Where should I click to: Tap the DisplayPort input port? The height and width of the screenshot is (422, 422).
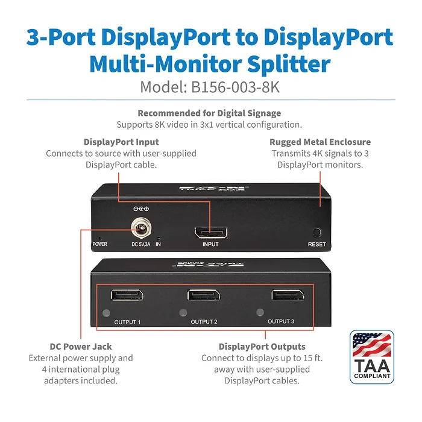tap(211, 233)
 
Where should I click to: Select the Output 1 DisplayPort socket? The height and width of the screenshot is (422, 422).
tap(127, 295)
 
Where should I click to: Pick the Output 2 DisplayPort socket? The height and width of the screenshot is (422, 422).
tap(204, 295)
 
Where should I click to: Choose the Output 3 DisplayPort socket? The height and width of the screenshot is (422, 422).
tap(288, 295)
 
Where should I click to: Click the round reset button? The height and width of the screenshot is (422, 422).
tap(317, 232)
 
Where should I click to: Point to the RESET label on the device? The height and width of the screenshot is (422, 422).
tap(316, 244)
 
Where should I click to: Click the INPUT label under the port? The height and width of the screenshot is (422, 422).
tap(210, 244)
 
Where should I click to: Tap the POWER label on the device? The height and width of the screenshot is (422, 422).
tap(100, 244)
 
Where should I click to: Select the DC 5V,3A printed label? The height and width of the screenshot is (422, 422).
tap(140, 244)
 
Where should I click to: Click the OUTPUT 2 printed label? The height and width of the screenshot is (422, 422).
tap(204, 321)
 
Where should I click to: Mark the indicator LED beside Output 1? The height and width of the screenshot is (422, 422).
tap(106, 313)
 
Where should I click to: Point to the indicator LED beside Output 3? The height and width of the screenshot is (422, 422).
tap(260, 312)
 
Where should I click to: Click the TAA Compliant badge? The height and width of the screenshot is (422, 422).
tap(372, 357)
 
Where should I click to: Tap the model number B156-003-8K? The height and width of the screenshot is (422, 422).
tap(235, 87)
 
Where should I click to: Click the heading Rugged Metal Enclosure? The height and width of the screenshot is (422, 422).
tap(320, 142)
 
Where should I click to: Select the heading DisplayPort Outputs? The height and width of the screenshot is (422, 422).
tap(262, 347)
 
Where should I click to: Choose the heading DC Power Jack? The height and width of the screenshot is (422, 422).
tap(81, 347)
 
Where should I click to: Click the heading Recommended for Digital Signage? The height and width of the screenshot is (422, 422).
tap(209, 113)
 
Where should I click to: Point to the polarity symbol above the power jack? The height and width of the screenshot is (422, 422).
tap(141, 209)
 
